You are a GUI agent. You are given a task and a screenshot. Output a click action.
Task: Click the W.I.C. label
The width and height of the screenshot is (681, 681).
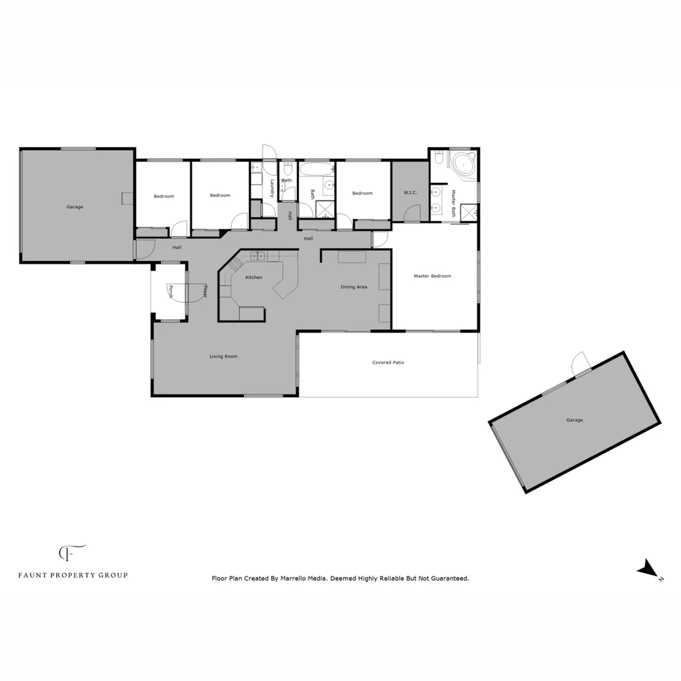click(x=410, y=192)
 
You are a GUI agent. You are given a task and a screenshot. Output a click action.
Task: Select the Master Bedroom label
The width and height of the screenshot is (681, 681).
click(x=433, y=276)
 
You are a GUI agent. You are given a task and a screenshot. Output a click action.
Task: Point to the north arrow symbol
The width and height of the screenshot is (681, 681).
click(x=648, y=569)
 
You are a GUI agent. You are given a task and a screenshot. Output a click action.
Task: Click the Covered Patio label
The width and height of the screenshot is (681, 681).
click(x=388, y=363)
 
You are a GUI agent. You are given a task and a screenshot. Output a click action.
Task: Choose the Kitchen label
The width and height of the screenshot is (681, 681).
click(x=253, y=277)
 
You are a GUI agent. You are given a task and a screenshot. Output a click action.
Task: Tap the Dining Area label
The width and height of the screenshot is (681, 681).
click(x=354, y=288)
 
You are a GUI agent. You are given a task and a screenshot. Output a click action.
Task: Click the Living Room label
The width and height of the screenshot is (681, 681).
click(x=223, y=357)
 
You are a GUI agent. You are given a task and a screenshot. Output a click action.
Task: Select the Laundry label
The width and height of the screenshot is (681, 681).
click(x=272, y=189)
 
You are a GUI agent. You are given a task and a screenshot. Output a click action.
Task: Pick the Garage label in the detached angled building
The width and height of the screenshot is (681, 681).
click(x=574, y=420)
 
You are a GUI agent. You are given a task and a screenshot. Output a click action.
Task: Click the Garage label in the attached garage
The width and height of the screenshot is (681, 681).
click(x=75, y=207)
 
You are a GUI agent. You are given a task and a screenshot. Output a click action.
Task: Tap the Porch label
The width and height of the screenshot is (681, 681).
click(x=170, y=291)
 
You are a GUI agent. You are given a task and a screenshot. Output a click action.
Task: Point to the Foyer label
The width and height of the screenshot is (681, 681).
click(x=205, y=291)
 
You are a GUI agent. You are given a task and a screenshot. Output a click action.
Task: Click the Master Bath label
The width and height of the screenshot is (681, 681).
click(x=453, y=204)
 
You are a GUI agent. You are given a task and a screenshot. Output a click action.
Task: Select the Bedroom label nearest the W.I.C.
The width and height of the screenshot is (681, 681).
click(x=363, y=194)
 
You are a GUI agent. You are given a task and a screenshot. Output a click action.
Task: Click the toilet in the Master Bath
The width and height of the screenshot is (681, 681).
click(x=439, y=158)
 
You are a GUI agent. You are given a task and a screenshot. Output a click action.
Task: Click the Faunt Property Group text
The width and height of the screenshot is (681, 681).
click(x=73, y=575)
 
